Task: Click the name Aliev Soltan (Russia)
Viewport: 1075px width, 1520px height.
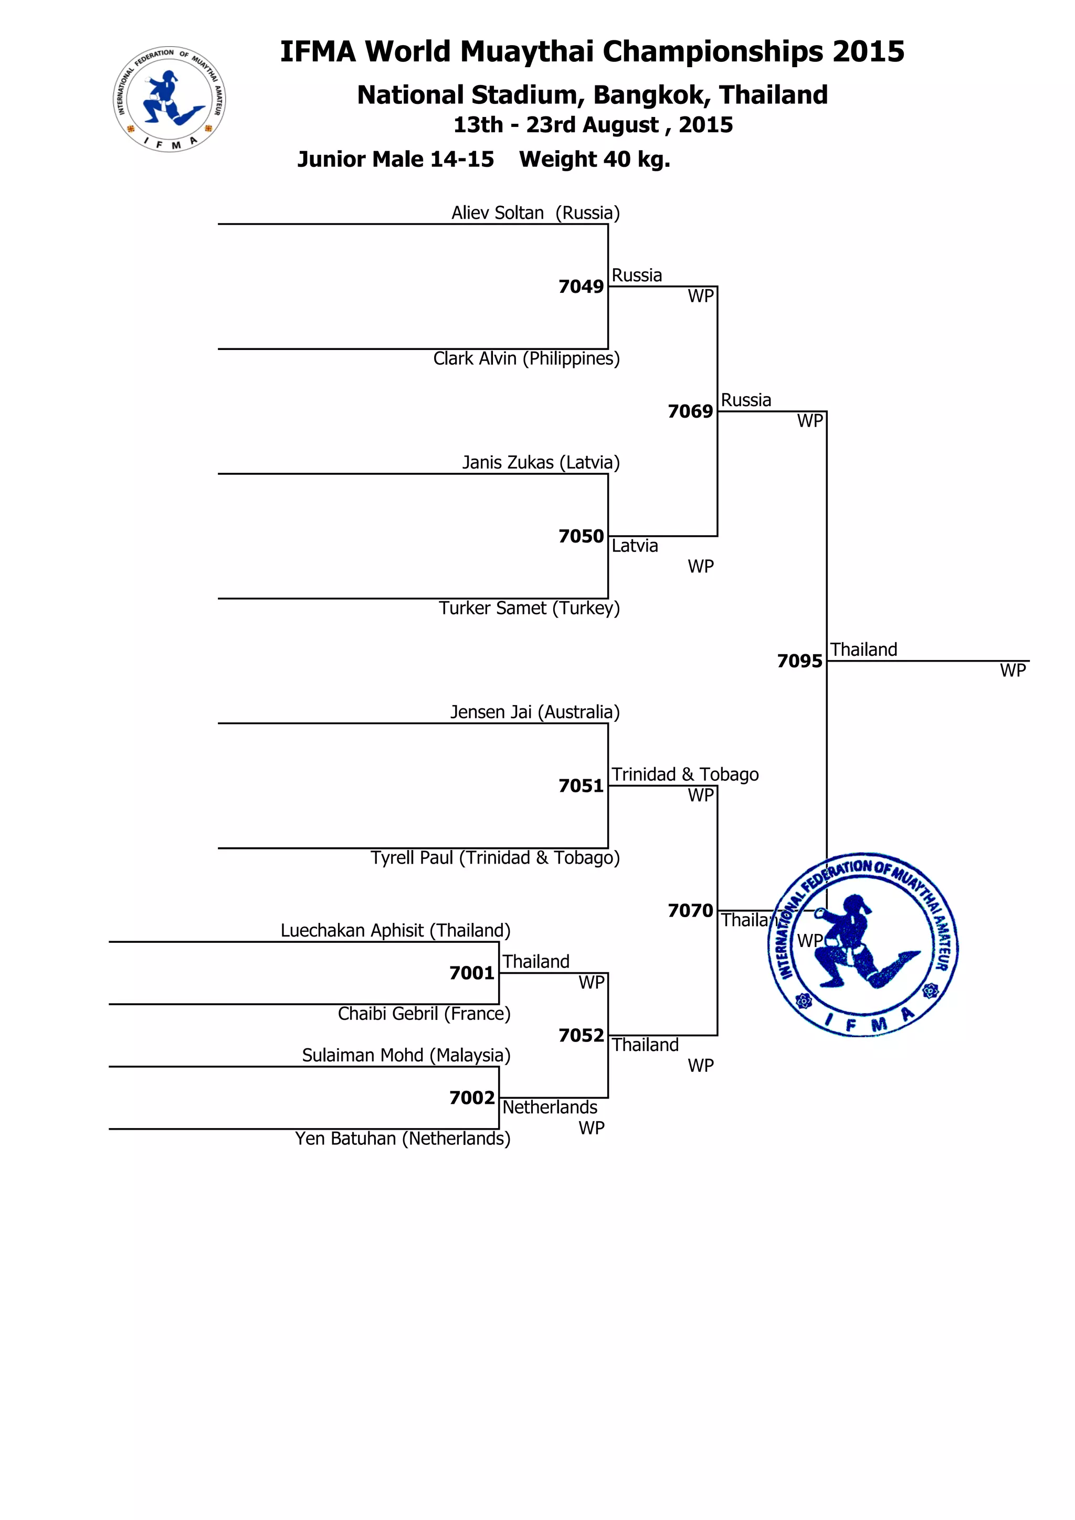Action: (x=535, y=213)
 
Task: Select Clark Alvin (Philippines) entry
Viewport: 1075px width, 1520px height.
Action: (x=526, y=359)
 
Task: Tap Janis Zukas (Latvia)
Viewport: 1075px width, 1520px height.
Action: (x=541, y=463)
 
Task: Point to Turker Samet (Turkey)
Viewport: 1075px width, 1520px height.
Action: (x=529, y=609)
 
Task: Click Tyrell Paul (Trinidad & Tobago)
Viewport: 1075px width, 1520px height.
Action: (x=495, y=858)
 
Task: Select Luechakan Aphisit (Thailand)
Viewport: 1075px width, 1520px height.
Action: (x=395, y=931)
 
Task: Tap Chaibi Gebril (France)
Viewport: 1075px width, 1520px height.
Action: (x=424, y=1014)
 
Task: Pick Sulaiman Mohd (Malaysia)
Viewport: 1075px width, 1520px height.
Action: (x=406, y=1055)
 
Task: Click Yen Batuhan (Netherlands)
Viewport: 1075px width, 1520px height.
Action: (x=403, y=1139)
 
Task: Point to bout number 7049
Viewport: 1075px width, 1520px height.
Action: (x=581, y=286)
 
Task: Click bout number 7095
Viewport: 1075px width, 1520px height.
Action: (x=799, y=661)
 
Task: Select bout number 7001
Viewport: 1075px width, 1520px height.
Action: (x=471, y=973)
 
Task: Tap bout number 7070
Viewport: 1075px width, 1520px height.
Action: (x=690, y=911)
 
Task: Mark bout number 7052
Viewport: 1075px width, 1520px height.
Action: (x=581, y=1035)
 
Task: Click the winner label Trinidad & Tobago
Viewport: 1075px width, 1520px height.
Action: (x=685, y=774)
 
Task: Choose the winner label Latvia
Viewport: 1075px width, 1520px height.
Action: (x=635, y=546)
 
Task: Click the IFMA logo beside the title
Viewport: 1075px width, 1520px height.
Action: (x=170, y=99)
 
